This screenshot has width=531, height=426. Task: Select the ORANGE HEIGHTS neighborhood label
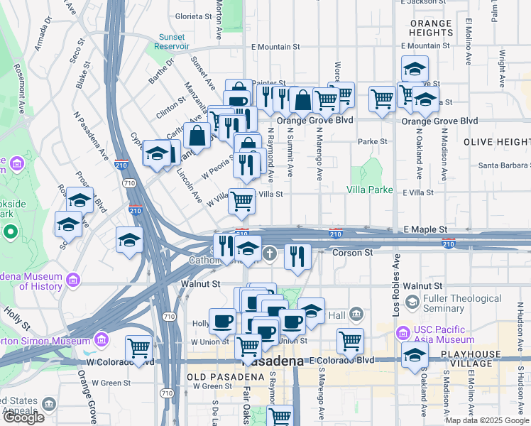tap(431, 28)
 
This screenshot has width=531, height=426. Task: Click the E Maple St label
tap(425, 230)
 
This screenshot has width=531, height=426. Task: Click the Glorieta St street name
tap(194, 16)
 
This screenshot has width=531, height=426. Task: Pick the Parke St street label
tap(372, 141)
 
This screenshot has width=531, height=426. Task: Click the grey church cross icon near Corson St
tap(269, 253)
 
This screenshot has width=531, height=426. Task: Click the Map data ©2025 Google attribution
tap(486, 420)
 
